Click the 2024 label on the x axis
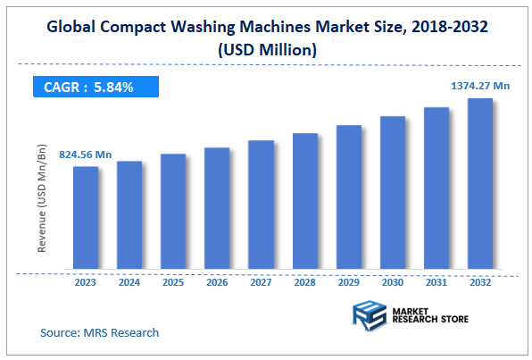tap(129, 281)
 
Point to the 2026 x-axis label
tap(217, 281)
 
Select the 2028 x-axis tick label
tap(305, 281)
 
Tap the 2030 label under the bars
tap(393, 281)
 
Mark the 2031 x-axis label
tap(436, 281)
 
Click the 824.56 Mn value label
tap(86, 155)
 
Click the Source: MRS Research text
tap(99, 333)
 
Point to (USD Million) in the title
tap(266, 50)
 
